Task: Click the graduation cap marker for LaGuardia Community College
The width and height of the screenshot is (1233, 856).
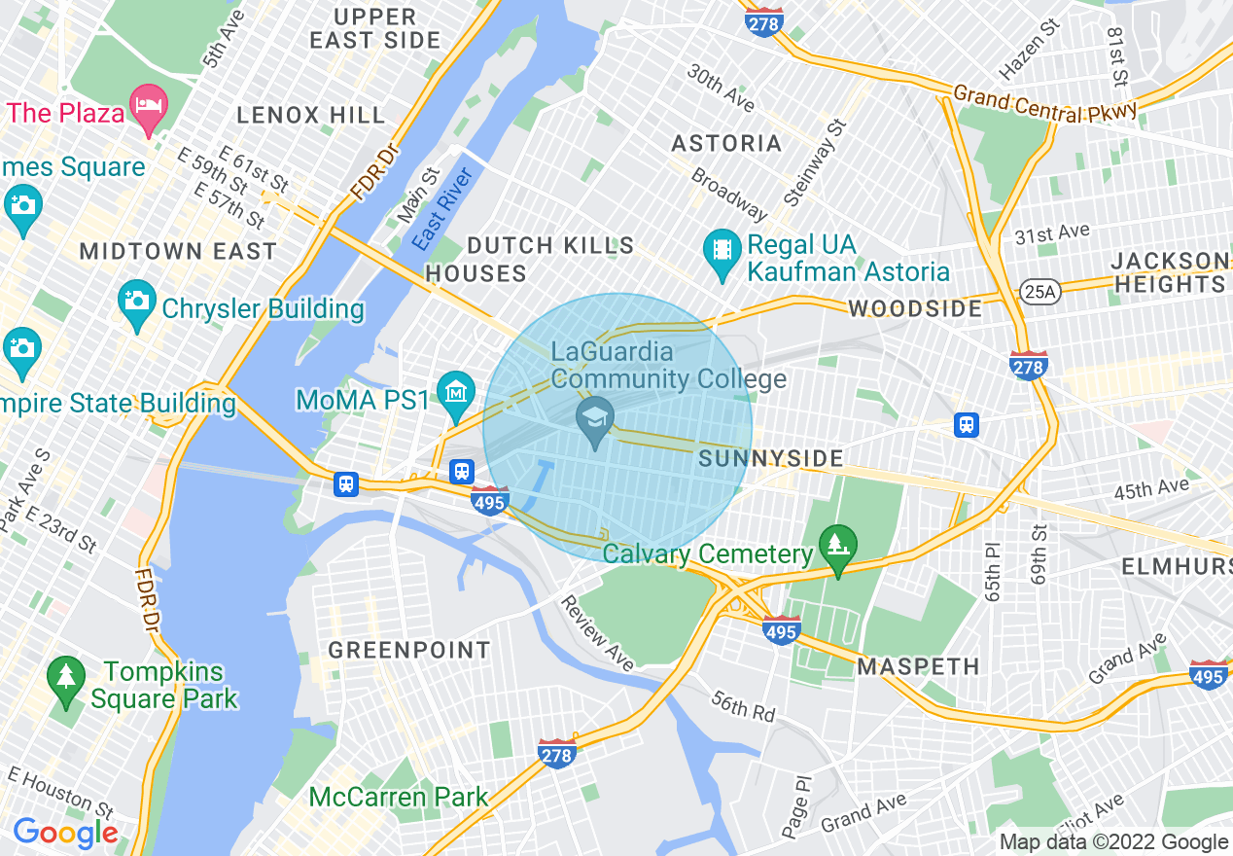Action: point(595,420)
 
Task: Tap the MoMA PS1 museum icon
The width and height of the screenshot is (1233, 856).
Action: point(455,392)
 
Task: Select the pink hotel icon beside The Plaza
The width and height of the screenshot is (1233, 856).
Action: point(148,105)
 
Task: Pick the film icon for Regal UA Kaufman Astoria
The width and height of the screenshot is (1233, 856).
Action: point(722,249)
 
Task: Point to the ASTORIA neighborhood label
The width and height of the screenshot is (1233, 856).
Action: point(726,144)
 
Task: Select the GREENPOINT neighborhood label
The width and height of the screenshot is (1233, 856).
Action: point(409,650)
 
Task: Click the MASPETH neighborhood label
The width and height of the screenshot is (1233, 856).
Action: point(918,667)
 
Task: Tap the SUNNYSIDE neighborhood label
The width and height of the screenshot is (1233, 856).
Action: point(771,458)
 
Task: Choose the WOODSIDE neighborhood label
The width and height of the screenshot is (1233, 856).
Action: point(915,309)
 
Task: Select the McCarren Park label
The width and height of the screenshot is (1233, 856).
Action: point(399,798)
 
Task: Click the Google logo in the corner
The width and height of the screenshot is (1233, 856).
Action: point(65,833)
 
